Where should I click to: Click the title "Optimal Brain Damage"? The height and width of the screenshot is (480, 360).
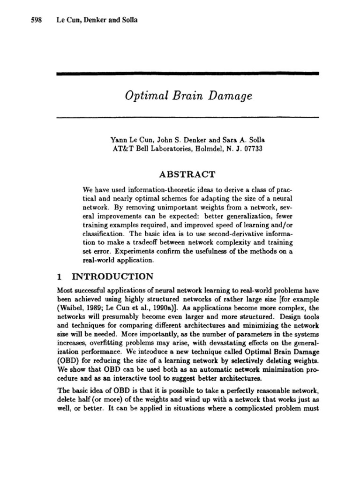(x=188, y=96)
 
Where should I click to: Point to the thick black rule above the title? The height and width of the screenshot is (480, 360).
(x=187, y=74)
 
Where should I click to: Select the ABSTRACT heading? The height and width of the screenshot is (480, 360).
(x=187, y=174)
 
